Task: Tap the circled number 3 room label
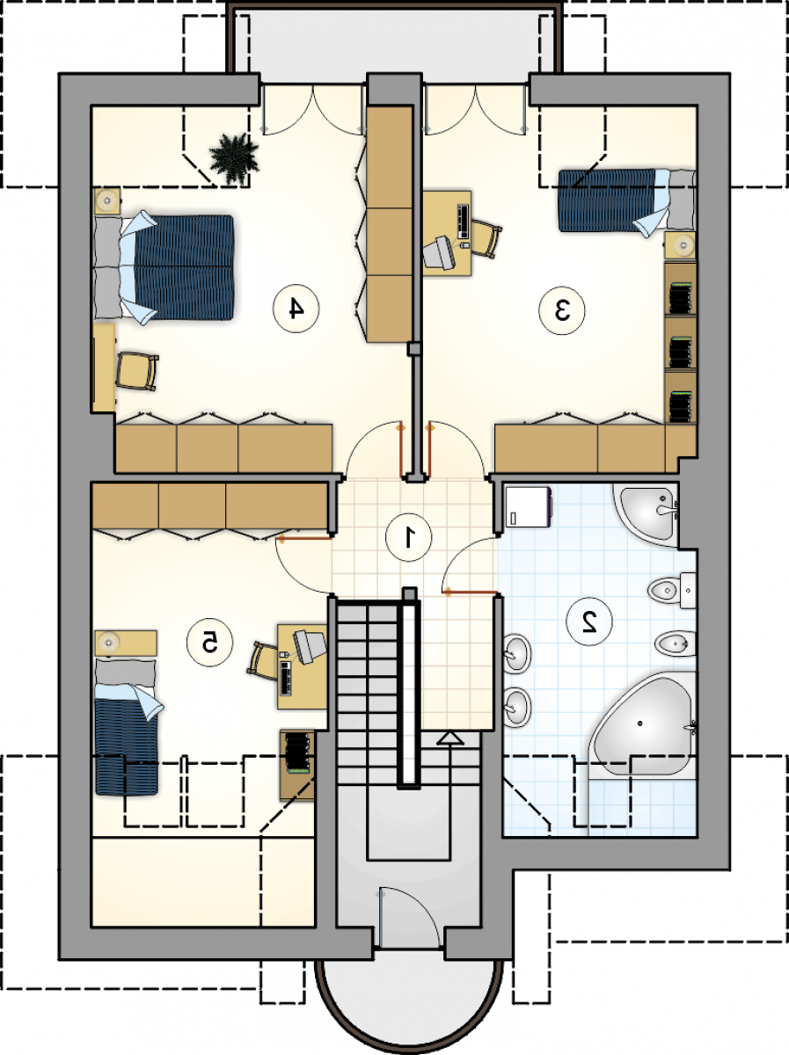tap(561, 310)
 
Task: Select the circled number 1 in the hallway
tap(409, 537)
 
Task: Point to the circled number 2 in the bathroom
tap(589, 622)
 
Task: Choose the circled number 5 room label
tap(209, 643)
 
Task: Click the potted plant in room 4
tap(234, 159)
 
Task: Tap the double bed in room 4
tap(164, 267)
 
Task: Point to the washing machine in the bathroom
tap(529, 507)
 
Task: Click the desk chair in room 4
tap(137, 371)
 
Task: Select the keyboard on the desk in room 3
tap(464, 221)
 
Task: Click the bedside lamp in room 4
tap(106, 200)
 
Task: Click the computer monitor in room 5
tap(310, 646)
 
